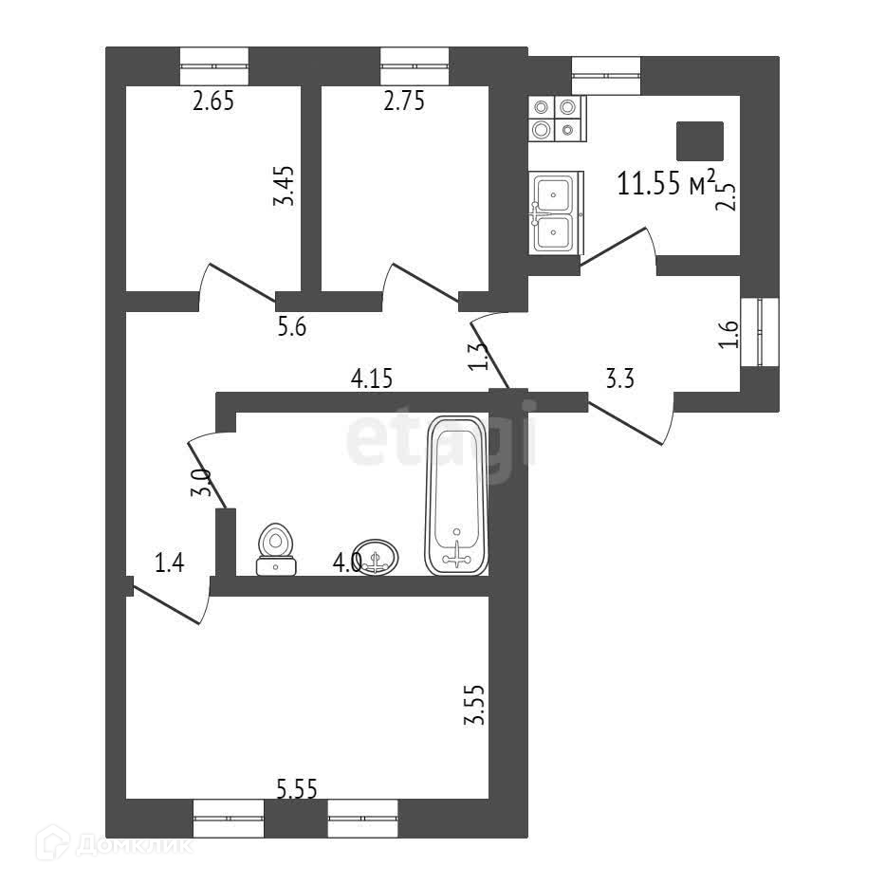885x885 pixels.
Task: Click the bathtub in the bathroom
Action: click(458, 495)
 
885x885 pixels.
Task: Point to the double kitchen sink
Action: click(554, 212)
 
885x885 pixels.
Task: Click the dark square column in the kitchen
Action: click(699, 140)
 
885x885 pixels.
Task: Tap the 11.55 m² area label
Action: click(665, 182)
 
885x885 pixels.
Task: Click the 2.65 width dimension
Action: click(212, 101)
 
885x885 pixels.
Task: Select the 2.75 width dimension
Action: click(403, 101)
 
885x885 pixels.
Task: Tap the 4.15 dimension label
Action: click(371, 379)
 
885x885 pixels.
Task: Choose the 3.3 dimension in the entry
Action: click(620, 379)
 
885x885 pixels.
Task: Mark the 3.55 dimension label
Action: click(474, 706)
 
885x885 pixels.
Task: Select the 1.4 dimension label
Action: click(169, 563)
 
